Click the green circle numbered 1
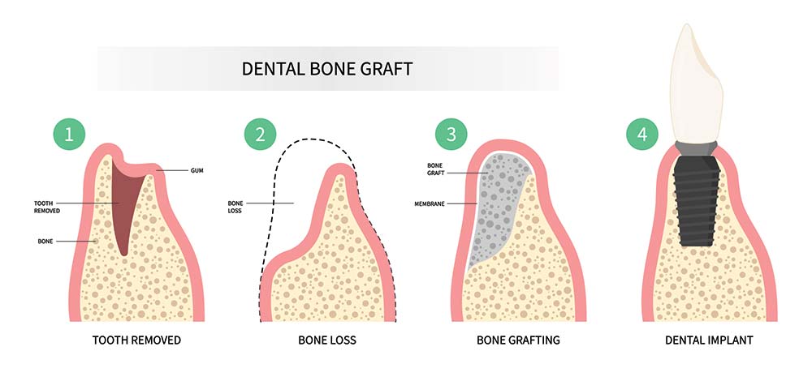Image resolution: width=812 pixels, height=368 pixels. coord(69,135)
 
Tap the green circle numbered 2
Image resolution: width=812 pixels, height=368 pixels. coord(261,135)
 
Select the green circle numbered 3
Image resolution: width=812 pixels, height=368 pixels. coord(451,135)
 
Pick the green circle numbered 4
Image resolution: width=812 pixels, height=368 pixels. coord(642,135)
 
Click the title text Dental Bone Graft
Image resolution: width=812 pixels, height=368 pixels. coord(327,69)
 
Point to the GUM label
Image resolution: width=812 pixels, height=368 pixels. coord(197,170)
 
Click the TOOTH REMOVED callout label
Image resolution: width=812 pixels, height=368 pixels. coord(47,207)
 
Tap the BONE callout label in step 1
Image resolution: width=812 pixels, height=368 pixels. coord(45,241)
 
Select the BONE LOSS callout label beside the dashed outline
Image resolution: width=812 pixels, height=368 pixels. coord(235,207)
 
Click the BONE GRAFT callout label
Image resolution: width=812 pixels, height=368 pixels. coord(435,169)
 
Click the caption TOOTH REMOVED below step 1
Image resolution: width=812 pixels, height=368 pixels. coord(136,340)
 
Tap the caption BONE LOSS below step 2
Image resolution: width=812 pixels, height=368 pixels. coord(327,340)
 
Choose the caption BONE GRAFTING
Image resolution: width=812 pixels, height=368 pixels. coord(518,340)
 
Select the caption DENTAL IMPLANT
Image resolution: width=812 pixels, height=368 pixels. coord(709,340)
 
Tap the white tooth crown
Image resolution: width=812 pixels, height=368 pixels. coord(696,83)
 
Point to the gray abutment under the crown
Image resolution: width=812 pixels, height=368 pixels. coord(697,148)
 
